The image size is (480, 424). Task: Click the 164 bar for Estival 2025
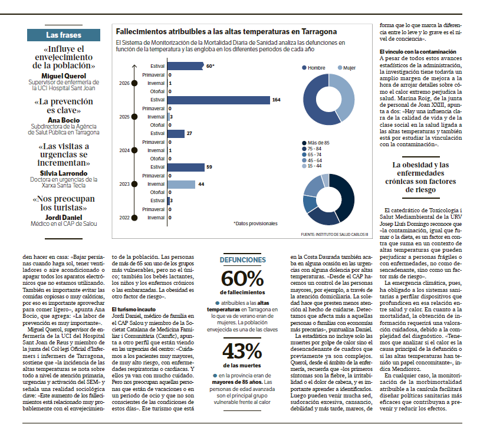pyautogui.click(x=219, y=100)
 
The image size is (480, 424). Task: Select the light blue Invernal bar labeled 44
pyautogui.click(x=181, y=185)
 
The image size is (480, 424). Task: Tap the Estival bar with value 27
pyautogui.click(x=176, y=133)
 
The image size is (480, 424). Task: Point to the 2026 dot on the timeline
pyautogui.click(x=134, y=83)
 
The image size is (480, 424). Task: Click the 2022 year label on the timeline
pyautogui.click(x=124, y=218)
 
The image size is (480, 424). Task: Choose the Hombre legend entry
pyautogui.click(x=314, y=68)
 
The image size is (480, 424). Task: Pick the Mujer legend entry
pyautogui.click(x=347, y=68)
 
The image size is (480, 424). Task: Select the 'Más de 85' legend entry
pyautogui.click(x=315, y=143)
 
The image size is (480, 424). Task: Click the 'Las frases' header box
pyautogui.click(x=64, y=35)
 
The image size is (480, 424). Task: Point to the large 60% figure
pyautogui.click(x=242, y=278)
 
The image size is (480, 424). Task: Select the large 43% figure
pyautogui.click(x=242, y=351)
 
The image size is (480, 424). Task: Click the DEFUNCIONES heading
pyautogui.click(x=242, y=260)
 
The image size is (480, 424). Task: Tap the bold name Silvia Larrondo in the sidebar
pyautogui.click(x=64, y=173)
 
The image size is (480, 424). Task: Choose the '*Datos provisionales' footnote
pyautogui.click(x=255, y=223)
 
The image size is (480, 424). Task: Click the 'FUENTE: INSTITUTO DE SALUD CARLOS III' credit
pyautogui.click(x=334, y=235)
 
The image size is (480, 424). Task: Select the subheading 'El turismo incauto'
pyautogui.click(x=133, y=310)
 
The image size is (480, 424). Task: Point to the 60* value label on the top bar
pyautogui.click(x=210, y=66)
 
